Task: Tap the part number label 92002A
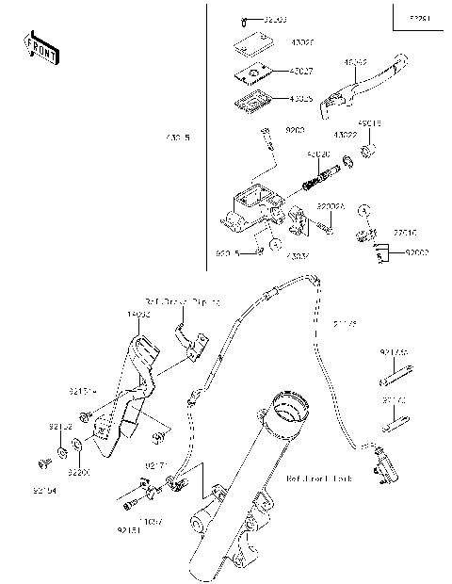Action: (x=330, y=204)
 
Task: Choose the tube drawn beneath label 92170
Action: (x=394, y=381)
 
